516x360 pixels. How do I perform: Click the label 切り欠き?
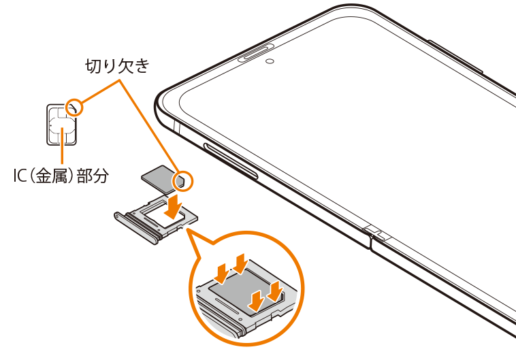(x=115, y=66)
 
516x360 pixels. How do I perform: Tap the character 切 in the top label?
(x=92, y=66)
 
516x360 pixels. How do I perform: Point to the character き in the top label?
(x=140, y=66)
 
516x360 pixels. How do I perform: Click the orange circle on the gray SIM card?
(x=184, y=180)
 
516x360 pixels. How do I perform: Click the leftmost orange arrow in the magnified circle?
(x=222, y=274)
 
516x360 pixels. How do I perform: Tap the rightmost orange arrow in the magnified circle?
(x=274, y=290)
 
